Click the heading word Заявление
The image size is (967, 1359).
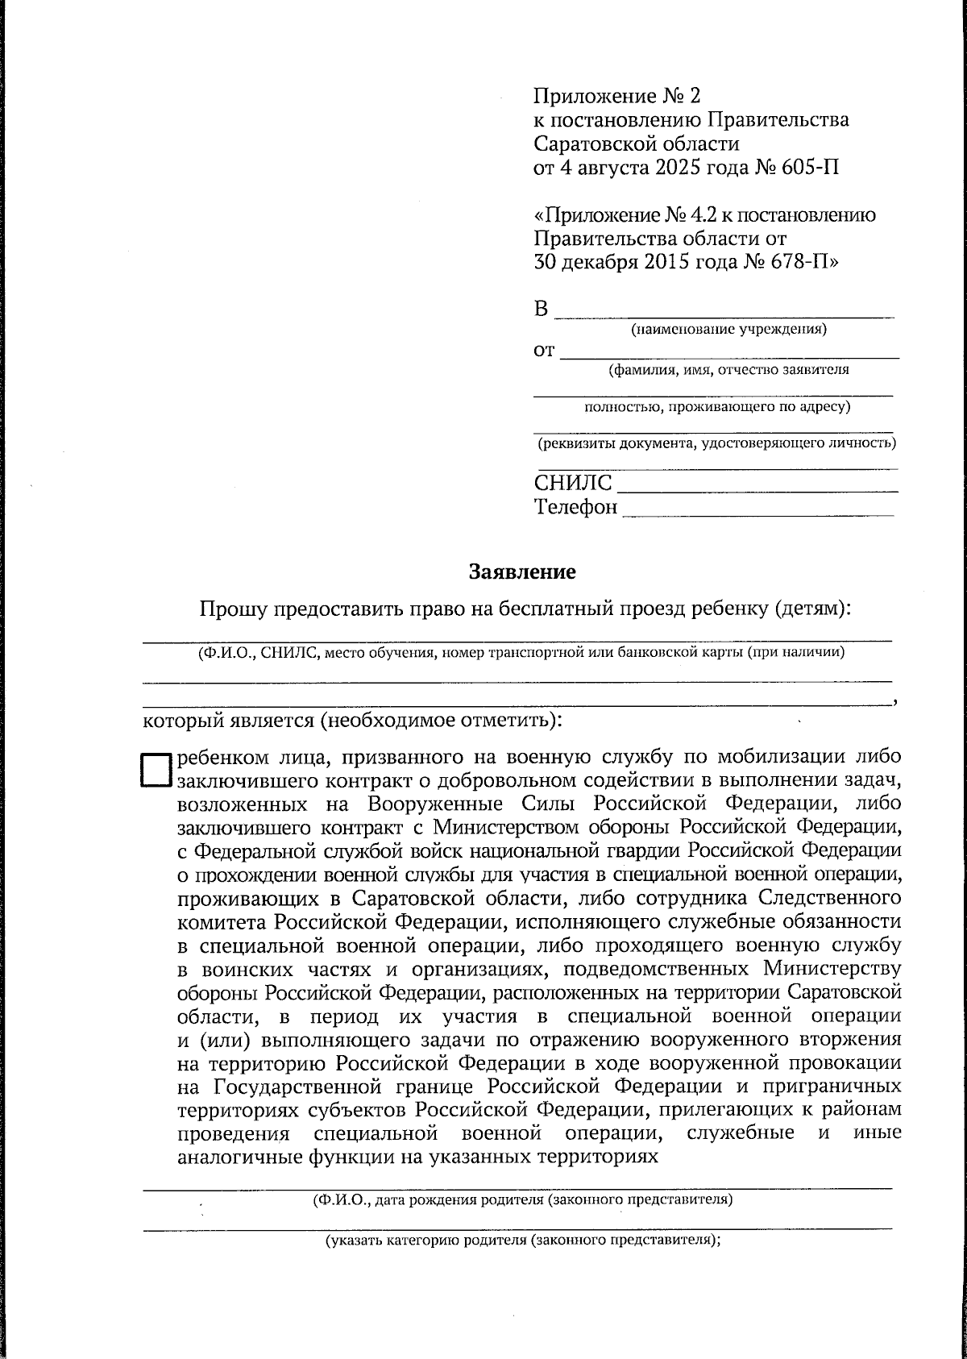pos(522,572)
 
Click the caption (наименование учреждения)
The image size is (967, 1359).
pos(728,329)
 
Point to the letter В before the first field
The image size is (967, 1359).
pos(542,310)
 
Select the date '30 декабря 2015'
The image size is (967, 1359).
pos(612,262)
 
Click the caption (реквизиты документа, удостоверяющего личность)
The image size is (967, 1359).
pos(717,443)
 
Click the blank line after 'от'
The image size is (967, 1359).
pos(729,352)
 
